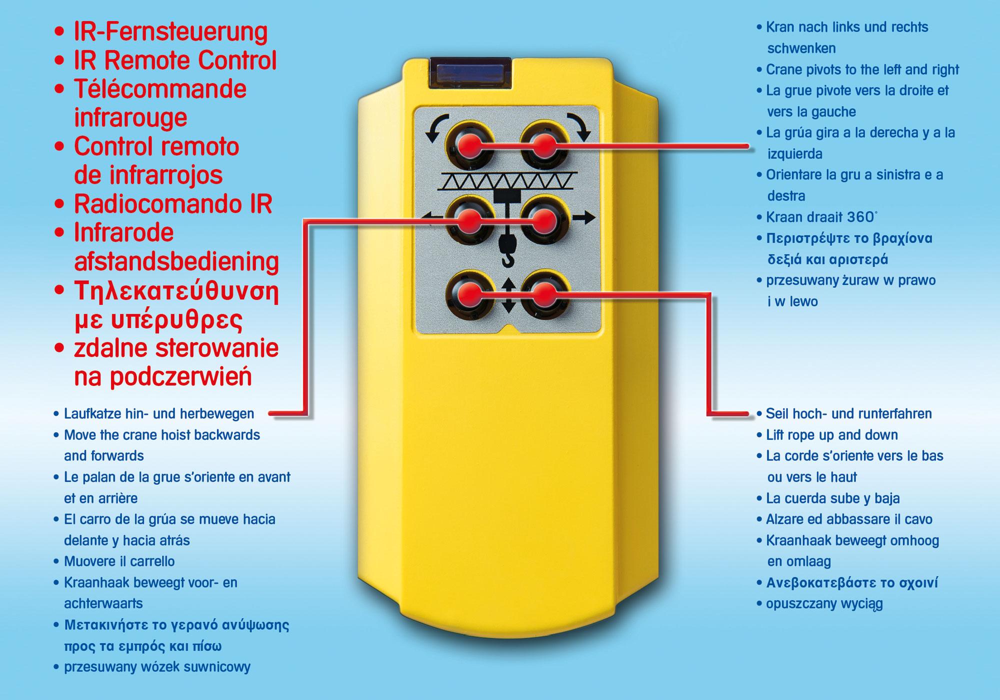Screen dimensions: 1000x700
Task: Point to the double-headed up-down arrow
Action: pyautogui.click(x=508, y=295)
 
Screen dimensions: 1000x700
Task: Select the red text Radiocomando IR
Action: pyautogui.click(x=173, y=204)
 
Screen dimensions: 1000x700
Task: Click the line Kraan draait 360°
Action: pyautogui.click(x=821, y=217)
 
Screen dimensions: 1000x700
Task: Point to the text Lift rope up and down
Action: pyautogui.click(x=832, y=435)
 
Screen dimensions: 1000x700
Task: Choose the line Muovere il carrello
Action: pyautogui.click(x=119, y=561)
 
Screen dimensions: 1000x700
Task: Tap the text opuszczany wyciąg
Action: pyautogui.click(x=824, y=604)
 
